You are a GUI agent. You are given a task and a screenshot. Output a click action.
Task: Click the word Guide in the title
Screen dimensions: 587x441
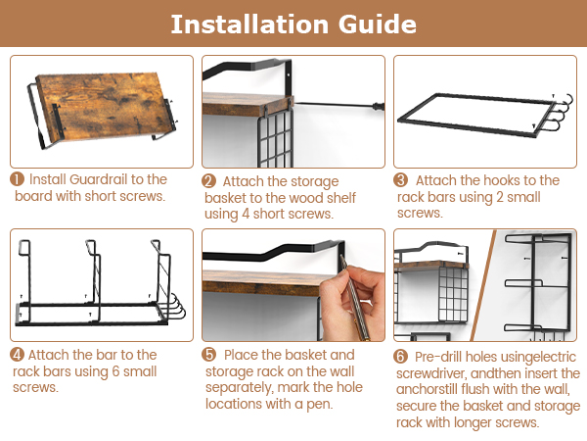[x=378, y=24]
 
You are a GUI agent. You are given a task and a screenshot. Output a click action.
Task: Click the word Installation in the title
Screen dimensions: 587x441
[x=249, y=24]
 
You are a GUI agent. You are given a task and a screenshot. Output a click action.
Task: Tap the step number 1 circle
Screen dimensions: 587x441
[x=18, y=179]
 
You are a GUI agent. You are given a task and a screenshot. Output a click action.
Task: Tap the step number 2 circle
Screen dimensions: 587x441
[x=209, y=181]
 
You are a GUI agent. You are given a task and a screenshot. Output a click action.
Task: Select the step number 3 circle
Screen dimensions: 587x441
[x=400, y=180]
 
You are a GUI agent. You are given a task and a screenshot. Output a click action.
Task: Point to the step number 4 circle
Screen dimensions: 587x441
[x=18, y=355]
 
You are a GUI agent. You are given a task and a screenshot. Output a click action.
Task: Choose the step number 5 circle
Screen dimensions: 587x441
[x=209, y=355]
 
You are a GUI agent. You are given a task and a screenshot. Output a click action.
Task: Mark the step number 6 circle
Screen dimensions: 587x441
[x=400, y=357]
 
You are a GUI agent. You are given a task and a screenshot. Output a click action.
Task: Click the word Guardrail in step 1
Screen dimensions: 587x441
[x=99, y=179]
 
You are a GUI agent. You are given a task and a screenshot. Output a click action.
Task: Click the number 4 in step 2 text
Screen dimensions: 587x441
[x=246, y=214]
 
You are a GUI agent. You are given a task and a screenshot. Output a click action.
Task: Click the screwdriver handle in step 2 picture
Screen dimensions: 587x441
[x=378, y=107]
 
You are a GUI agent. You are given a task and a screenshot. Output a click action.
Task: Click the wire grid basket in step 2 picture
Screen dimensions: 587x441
[x=275, y=139]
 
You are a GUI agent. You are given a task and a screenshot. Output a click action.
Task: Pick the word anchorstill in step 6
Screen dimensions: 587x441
[x=427, y=389]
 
